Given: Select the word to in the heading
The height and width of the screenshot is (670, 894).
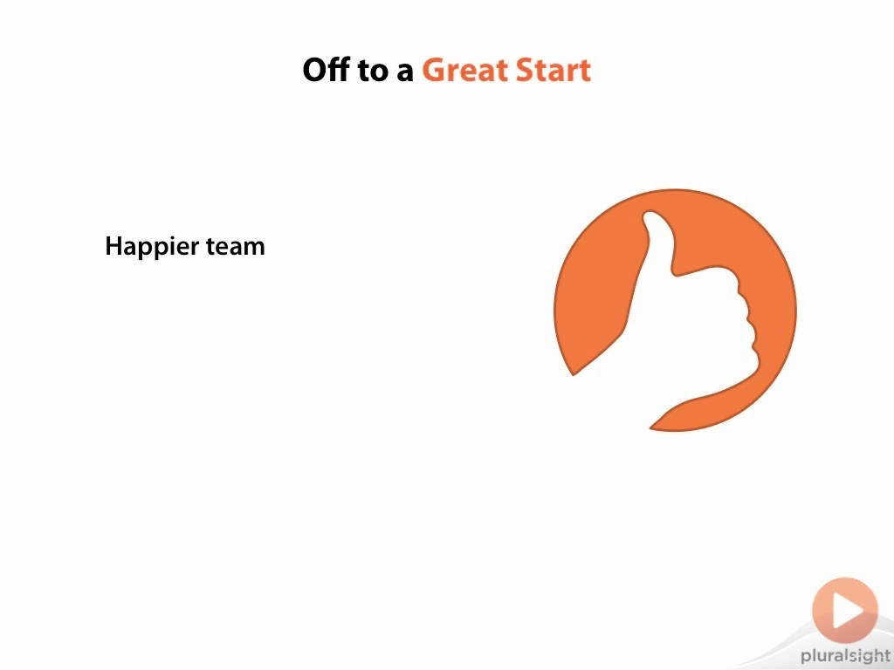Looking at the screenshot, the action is [x=372, y=72].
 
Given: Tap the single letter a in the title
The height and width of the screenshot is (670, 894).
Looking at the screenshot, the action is [x=405, y=74].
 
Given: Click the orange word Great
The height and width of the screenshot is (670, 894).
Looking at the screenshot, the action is [x=464, y=70].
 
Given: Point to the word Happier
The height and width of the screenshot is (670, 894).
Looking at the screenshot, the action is [x=152, y=247].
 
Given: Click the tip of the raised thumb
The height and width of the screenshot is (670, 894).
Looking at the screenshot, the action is [x=650, y=215].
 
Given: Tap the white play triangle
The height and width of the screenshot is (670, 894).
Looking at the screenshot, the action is [x=847, y=610].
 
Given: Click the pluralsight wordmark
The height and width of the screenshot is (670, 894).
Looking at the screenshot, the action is [x=845, y=656].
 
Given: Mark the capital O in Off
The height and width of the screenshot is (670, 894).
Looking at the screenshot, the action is [x=315, y=70].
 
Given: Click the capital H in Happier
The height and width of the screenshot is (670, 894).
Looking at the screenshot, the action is [x=114, y=246].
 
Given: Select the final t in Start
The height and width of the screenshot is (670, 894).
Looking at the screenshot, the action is [x=585, y=72].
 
